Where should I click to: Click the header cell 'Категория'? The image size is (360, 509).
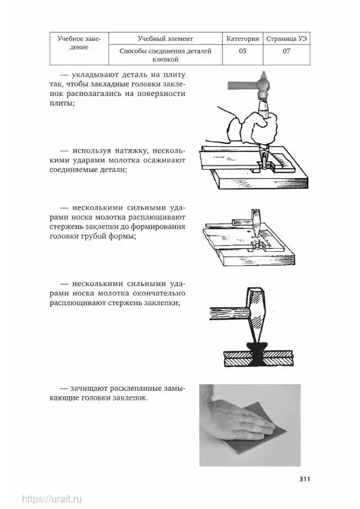pos(242,38)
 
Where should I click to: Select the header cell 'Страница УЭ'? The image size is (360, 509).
pos(287,38)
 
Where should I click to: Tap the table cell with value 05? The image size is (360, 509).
pos(242,55)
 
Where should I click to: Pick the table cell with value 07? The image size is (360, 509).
pos(287,55)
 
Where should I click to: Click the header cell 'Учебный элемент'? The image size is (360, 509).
pos(166,38)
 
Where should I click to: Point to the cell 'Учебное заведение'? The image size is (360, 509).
pos(79,49)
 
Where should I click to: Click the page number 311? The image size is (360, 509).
pos(305,479)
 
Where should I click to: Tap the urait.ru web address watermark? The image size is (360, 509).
pos(52,499)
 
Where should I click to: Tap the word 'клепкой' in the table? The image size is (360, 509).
pos(166,60)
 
